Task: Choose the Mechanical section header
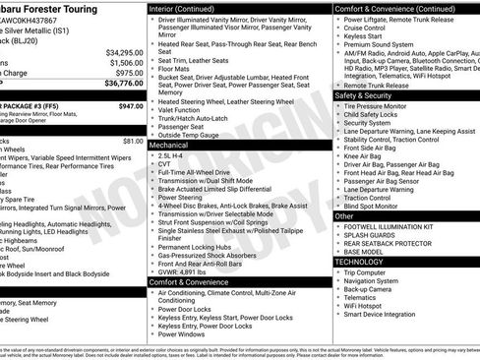click(171, 144)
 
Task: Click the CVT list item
click(164, 164)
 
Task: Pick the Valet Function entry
click(182, 109)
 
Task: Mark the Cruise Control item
click(368, 30)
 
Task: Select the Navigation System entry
click(372, 282)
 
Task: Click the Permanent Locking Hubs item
click(192, 244)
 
